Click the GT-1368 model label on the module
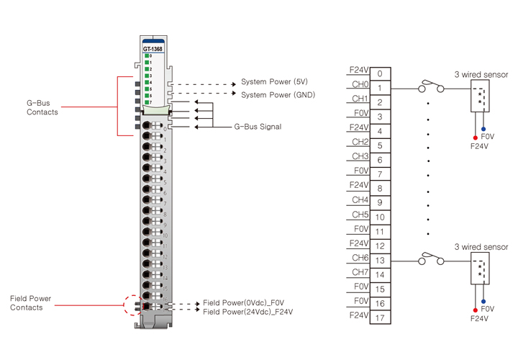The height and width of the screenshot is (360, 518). (153, 49)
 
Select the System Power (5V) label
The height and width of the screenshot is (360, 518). (274, 81)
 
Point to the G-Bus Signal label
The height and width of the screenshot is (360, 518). (258, 127)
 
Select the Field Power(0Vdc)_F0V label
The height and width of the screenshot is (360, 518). (244, 303)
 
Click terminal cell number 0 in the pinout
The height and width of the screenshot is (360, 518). (380, 73)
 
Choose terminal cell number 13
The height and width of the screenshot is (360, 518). (380, 261)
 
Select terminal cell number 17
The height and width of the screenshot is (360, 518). (380, 318)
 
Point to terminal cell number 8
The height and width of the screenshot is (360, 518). (380, 189)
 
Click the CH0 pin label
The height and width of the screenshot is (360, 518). (360, 84)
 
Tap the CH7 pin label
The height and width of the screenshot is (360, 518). (360, 271)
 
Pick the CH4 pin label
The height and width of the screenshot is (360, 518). (360, 199)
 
